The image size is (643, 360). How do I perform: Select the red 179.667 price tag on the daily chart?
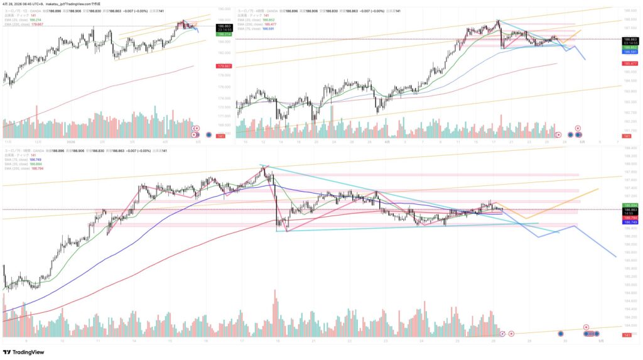[x=224, y=66]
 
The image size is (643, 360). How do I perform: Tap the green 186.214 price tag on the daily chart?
[x=224, y=34]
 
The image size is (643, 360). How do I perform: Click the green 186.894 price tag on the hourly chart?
[x=630, y=205]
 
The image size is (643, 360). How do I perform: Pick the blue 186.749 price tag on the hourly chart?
[x=630, y=222]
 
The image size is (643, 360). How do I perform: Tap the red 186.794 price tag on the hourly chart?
[x=630, y=218]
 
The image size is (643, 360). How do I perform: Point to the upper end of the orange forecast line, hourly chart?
[x=598, y=188]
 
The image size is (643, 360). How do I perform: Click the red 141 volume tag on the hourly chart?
[x=626, y=336]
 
